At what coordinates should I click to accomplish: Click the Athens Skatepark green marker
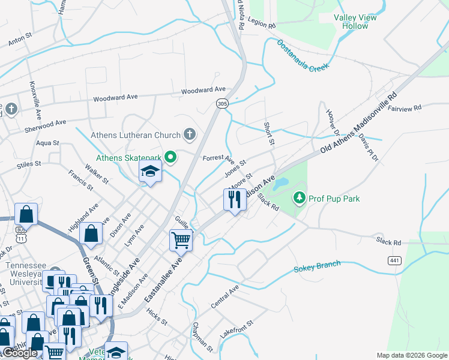[x=170, y=158]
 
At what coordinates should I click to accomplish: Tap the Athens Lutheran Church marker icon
[x=190, y=134]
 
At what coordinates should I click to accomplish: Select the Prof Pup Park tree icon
[x=298, y=197]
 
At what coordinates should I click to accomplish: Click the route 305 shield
[x=222, y=104]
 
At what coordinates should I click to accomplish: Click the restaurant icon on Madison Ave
[x=235, y=199]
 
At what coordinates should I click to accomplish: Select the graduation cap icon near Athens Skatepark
[x=149, y=172]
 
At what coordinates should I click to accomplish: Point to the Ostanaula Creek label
[x=303, y=56]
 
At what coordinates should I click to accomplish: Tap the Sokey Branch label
[x=317, y=266]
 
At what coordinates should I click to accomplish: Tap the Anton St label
[x=19, y=41]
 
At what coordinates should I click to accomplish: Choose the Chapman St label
[x=202, y=336]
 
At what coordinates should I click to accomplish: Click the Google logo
[x=20, y=353]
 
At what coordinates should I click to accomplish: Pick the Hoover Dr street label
[x=334, y=123]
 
